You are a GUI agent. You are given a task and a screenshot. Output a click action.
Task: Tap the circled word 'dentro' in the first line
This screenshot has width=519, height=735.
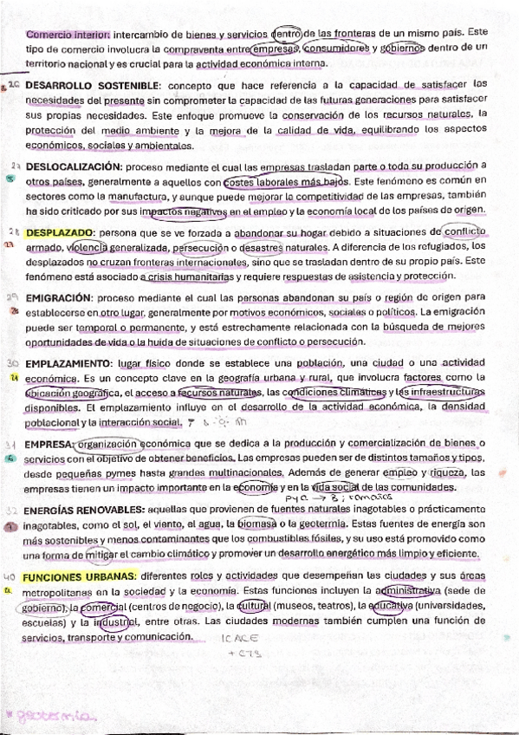[288, 34]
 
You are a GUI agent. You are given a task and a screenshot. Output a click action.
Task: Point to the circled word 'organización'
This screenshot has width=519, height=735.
[107, 444]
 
